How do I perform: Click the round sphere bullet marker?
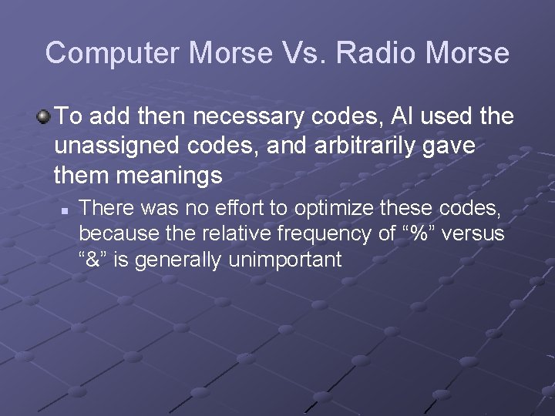pyautogui.click(x=44, y=117)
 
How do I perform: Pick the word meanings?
pyautogui.click(x=168, y=175)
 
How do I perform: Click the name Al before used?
pyautogui.click(x=401, y=116)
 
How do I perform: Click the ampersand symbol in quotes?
pyautogui.click(x=96, y=260)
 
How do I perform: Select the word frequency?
pyautogui.click(x=319, y=234)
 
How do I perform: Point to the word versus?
pyautogui.click(x=476, y=234)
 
